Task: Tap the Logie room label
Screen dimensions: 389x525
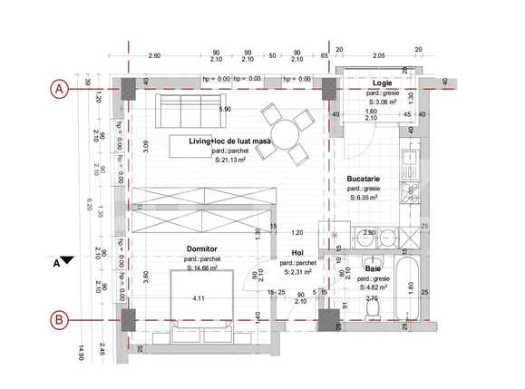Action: [x=381, y=83]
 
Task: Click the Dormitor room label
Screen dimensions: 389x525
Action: [x=202, y=248]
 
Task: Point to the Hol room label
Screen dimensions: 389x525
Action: [x=297, y=253]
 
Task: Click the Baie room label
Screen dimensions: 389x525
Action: [x=373, y=269]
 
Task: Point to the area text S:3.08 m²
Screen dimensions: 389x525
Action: [x=382, y=103]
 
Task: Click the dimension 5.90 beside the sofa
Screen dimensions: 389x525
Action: [x=225, y=110]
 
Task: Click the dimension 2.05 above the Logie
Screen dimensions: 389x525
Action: [x=379, y=56]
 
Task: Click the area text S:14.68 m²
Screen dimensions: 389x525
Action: [x=204, y=267]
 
